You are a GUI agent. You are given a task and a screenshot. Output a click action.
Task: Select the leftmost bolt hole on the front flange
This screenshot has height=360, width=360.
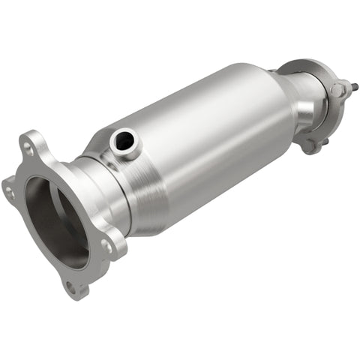[x=10, y=192]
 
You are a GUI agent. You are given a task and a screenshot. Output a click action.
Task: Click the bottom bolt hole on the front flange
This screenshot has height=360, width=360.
[x=71, y=286]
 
